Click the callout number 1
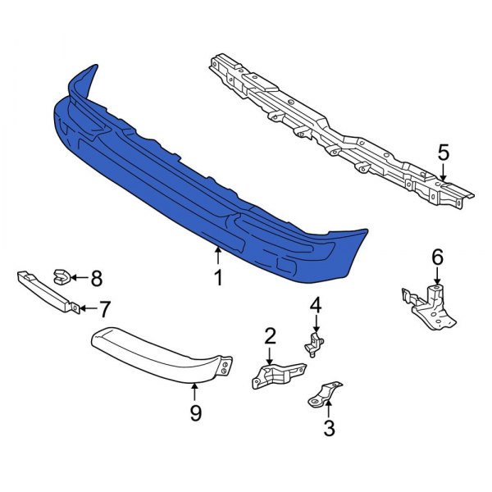[x=218, y=279]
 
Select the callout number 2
[x=270, y=335]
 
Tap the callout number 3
[x=330, y=427]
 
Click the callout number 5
[x=444, y=153]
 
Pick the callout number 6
[x=437, y=257]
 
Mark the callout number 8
[x=96, y=279]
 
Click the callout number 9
[x=195, y=414]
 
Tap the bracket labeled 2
[x=273, y=376]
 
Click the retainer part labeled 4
[x=313, y=344]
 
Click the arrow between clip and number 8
[x=79, y=278]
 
